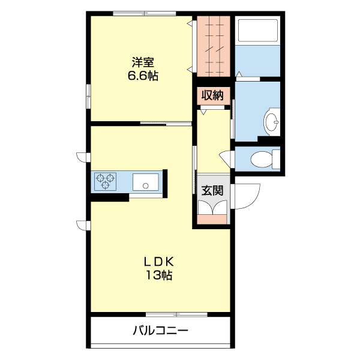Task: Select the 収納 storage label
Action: click(212, 95)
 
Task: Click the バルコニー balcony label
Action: click(160, 330)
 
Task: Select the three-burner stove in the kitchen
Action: click(106, 181)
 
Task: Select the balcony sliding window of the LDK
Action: click(176, 314)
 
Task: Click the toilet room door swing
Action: click(227, 159)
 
